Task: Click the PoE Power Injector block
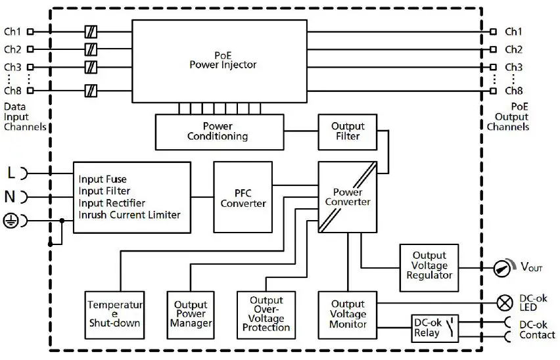219,60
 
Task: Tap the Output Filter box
348,131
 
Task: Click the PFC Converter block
243,196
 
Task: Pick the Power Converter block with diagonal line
348,196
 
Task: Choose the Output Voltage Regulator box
429,265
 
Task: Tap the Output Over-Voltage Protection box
266,314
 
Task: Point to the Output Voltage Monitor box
348,313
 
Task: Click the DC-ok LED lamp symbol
505,303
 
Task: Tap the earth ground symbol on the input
11,221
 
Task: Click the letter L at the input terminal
11,173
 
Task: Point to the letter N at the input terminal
11,197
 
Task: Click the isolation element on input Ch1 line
91,32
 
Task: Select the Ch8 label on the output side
513,91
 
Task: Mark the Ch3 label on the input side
12,67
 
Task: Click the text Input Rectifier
112,203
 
